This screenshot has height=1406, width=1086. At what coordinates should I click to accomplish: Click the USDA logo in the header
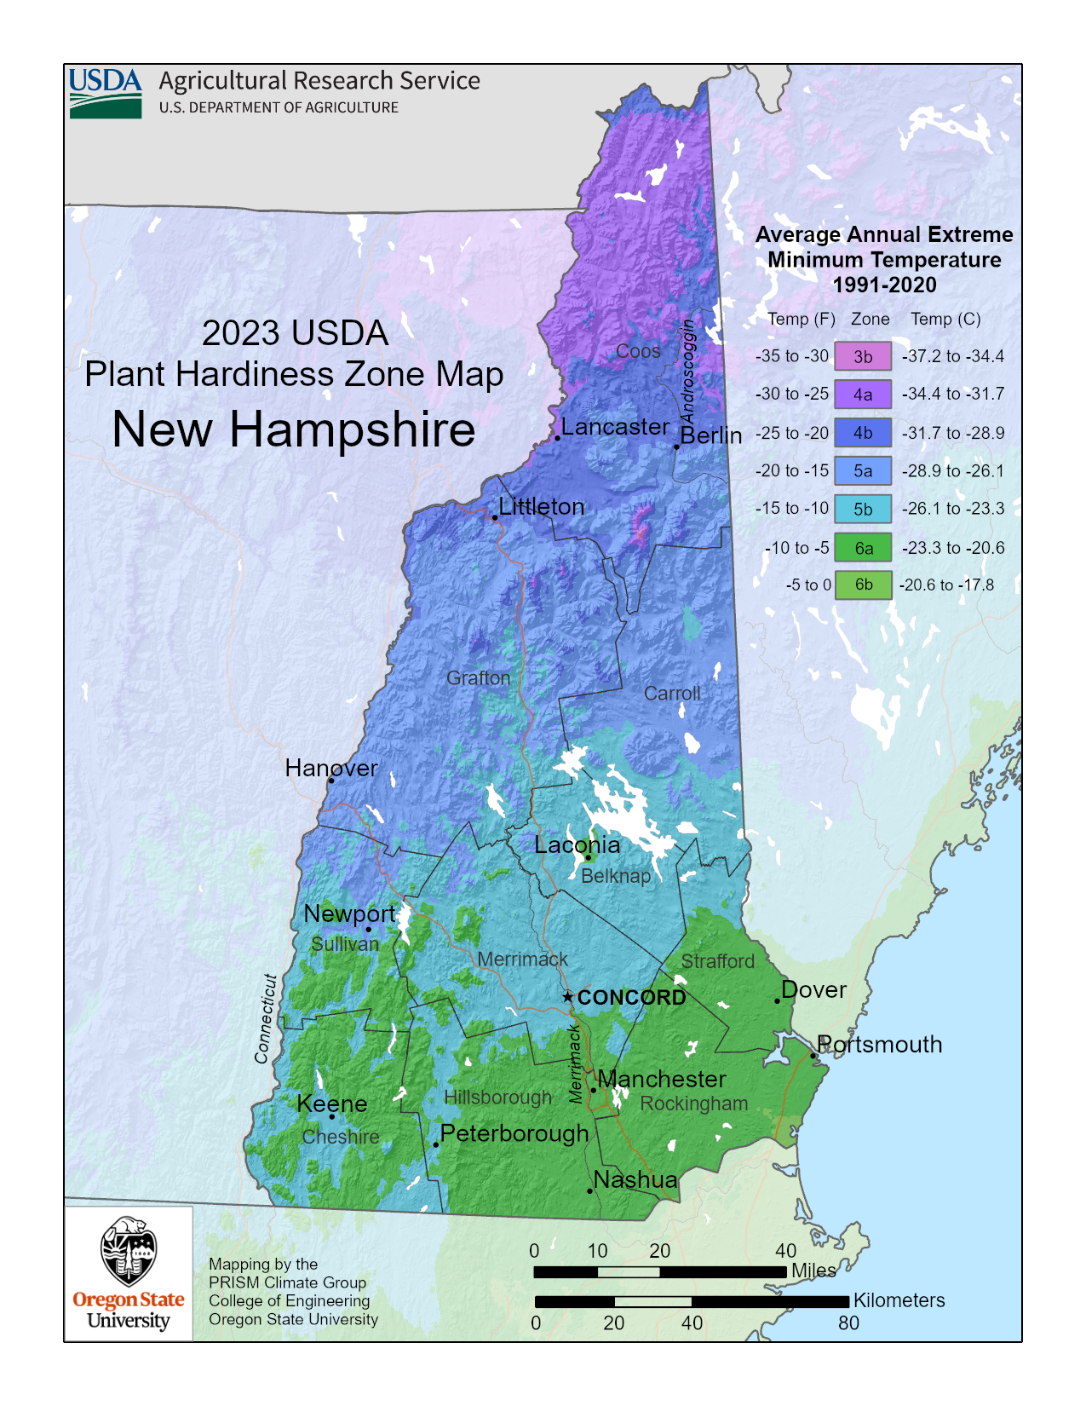[106, 93]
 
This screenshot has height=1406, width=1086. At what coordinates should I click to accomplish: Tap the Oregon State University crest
[128, 1251]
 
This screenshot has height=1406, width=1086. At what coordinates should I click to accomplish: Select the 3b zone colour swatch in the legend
[862, 356]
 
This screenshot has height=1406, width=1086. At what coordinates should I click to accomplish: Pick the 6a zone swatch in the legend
[862, 547]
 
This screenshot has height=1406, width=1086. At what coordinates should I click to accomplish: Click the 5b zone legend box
[862, 509]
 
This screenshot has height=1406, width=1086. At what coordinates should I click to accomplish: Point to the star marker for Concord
[568, 996]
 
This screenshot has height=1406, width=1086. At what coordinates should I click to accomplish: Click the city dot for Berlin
[676, 447]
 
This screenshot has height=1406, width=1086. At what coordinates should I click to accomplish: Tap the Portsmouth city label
[879, 1044]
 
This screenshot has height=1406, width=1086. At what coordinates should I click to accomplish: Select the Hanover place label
[330, 768]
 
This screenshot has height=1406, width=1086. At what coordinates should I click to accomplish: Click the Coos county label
[638, 351]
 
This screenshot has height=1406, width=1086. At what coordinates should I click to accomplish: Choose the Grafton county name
[478, 678]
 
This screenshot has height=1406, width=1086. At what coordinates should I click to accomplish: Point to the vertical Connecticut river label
[266, 1018]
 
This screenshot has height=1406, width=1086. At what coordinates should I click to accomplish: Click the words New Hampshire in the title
[294, 429]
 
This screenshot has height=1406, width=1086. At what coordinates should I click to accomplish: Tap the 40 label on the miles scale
[785, 1251]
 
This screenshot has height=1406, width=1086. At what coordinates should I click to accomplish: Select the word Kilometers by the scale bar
[899, 1300]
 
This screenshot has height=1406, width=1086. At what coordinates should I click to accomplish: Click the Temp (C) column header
[945, 319]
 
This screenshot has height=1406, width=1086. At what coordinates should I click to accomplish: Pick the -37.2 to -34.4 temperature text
[953, 356]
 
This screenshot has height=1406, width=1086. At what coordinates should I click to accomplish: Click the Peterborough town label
[514, 1133]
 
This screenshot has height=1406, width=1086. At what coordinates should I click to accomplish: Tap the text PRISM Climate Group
[287, 1282]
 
